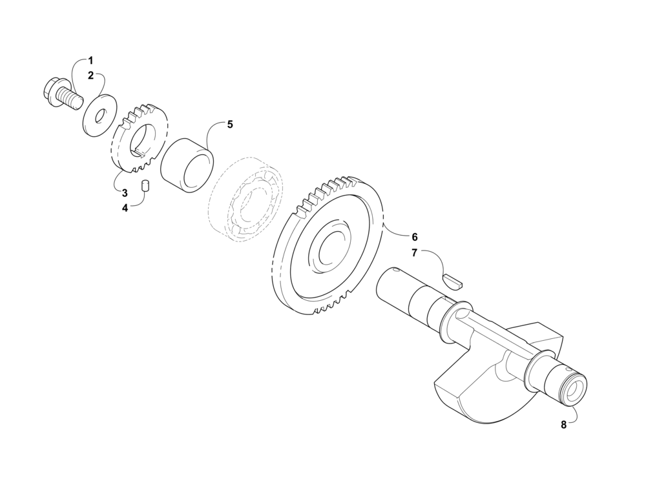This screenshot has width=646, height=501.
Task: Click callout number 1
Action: point(90,61)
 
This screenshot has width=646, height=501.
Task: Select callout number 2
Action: point(90,76)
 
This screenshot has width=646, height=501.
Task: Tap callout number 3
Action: point(125,192)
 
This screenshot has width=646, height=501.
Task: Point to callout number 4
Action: point(125,208)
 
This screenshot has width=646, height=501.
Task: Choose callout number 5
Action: point(230,125)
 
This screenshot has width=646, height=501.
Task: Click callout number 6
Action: point(415,237)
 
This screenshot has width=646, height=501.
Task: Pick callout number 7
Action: point(415,253)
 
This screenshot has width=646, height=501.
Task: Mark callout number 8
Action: point(563,425)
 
